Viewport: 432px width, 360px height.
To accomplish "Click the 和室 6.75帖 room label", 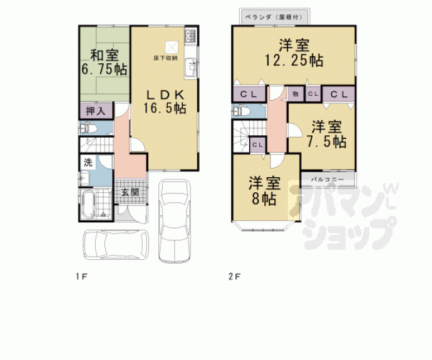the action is [x=105, y=62].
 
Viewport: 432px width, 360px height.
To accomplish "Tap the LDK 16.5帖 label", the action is [x=165, y=101].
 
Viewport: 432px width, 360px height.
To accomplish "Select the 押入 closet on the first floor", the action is [x=96, y=111].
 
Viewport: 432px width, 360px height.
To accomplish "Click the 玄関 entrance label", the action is [x=130, y=192].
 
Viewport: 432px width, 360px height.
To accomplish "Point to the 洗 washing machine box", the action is [x=88, y=163].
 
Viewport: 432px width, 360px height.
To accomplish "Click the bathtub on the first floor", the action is [x=88, y=205].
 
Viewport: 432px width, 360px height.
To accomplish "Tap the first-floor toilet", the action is [x=88, y=128].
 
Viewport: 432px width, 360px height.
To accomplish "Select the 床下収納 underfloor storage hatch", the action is [x=172, y=47].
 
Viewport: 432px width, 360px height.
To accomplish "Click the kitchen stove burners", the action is [x=190, y=36].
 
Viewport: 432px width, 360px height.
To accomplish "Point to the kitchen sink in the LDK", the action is [x=190, y=68].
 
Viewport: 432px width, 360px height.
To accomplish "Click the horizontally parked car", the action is [x=116, y=244].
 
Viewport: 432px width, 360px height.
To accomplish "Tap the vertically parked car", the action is [x=175, y=220].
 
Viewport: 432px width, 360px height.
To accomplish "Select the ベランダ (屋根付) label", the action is [x=274, y=17].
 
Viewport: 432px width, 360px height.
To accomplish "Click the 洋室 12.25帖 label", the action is [x=294, y=53].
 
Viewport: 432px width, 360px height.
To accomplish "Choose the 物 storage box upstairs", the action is [x=296, y=94].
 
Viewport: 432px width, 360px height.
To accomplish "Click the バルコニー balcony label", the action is [x=327, y=180].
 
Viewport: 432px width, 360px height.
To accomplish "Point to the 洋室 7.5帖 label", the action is [x=327, y=134].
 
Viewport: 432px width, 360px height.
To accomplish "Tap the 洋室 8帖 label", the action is [x=264, y=191].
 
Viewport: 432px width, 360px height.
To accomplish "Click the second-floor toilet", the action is [x=241, y=111].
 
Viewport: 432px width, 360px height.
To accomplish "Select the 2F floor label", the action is [x=234, y=276].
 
